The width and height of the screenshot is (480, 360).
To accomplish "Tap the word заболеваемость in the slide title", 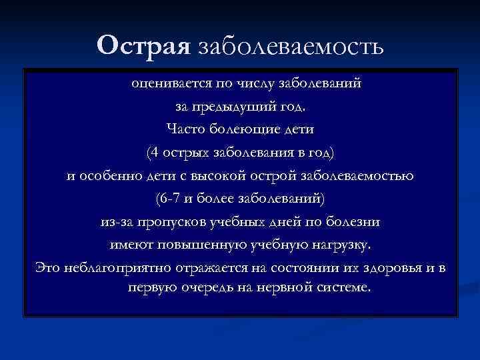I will [x=288, y=47].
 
